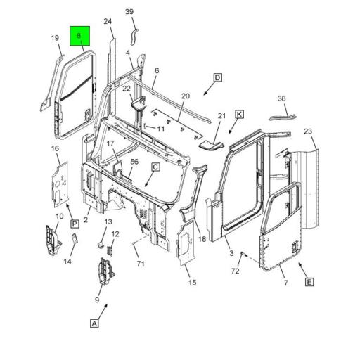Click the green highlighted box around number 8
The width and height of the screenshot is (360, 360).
(x=79, y=36)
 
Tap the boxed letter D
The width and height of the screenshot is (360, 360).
(x=218, y=77)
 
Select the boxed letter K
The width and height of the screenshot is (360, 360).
(x=239, y=115)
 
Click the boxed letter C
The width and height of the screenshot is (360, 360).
(x=155, y=167)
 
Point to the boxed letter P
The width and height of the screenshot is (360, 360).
(x=75, y=224)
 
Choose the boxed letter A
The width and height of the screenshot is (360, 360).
(x=94, y=323)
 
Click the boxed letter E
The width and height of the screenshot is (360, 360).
(x=309, y=282)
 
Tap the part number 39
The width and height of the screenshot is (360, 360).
(x=129, y=11)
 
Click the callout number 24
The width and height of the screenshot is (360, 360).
(x=108, y=21)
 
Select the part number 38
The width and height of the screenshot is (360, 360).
(x=281, y=98)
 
